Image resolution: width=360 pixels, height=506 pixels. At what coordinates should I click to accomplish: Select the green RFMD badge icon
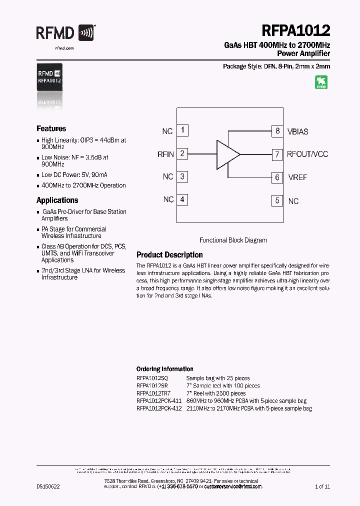[321, 82]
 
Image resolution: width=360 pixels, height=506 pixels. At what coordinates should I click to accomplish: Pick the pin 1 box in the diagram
[182, 130]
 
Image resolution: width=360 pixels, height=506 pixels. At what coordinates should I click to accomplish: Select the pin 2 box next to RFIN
[182, 153]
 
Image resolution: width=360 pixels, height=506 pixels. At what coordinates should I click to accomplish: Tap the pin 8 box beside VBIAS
[277, 131]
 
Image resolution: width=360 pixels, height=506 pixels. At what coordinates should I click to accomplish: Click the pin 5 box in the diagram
[277, 200]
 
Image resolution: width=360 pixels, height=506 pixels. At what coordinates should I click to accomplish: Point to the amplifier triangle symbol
[228, 154]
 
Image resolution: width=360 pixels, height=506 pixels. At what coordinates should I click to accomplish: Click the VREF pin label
[297, 177]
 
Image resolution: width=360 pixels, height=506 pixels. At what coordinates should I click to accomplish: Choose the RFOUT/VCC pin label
[307, 154]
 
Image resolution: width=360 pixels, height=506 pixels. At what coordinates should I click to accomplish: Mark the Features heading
[51, 128]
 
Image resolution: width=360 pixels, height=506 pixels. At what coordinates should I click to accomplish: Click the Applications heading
[57, 200]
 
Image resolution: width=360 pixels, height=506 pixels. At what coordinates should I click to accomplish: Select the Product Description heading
[169, 254]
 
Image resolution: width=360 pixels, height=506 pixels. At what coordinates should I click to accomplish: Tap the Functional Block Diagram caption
[233, 240]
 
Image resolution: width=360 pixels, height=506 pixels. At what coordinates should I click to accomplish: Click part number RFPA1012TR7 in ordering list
[153, 393]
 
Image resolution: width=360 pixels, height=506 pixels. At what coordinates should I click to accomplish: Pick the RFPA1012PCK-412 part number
[158, 408]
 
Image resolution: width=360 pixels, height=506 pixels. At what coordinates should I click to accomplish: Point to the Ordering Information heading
[164, 369]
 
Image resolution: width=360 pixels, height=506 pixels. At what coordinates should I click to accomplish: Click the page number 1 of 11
[322, 486]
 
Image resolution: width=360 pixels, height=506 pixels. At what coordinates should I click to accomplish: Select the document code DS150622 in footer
[48, 486]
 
